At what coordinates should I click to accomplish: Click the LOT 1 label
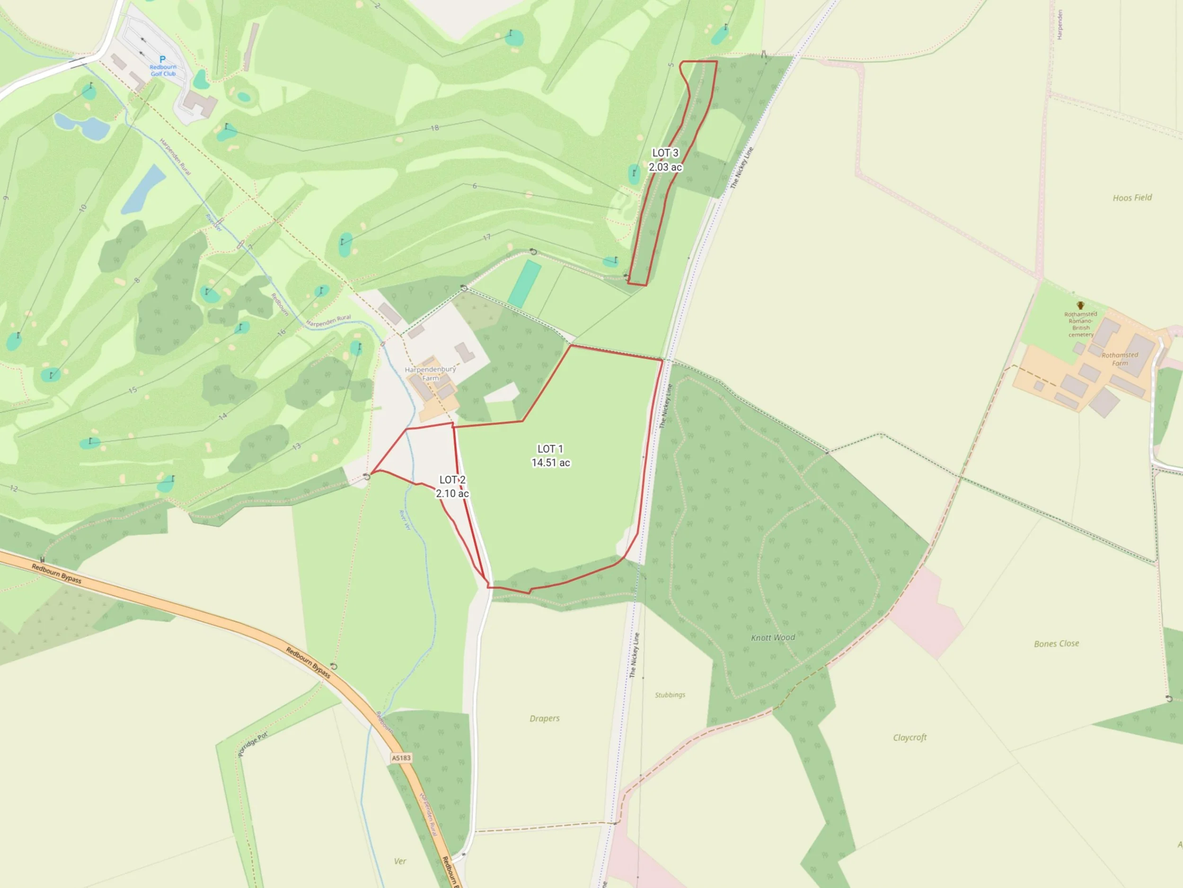click(550, 449)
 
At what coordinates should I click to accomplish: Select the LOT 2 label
click(452, 480)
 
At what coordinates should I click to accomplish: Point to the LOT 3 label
click(665, 153)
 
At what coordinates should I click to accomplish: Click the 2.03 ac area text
click(665, 167)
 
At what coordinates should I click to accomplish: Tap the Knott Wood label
click(773, 637)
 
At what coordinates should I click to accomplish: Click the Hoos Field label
click(1132, 197)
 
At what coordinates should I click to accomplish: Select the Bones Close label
click(1056, 643)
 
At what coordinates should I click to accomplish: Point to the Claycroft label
click(909, 737)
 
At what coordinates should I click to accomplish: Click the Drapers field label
click(545, 718)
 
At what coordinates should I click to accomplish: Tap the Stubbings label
click(670, 695)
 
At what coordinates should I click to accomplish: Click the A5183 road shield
click(401, 758)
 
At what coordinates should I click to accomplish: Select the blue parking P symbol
click(163, 59)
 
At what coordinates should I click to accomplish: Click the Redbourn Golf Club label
click(163, 71)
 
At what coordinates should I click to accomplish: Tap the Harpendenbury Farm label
click(431, 374)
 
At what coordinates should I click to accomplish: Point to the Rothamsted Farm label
click(1120, 359)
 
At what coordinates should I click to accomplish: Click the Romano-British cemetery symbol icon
click(1080, 305)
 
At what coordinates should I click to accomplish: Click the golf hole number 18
click(435, 128)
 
